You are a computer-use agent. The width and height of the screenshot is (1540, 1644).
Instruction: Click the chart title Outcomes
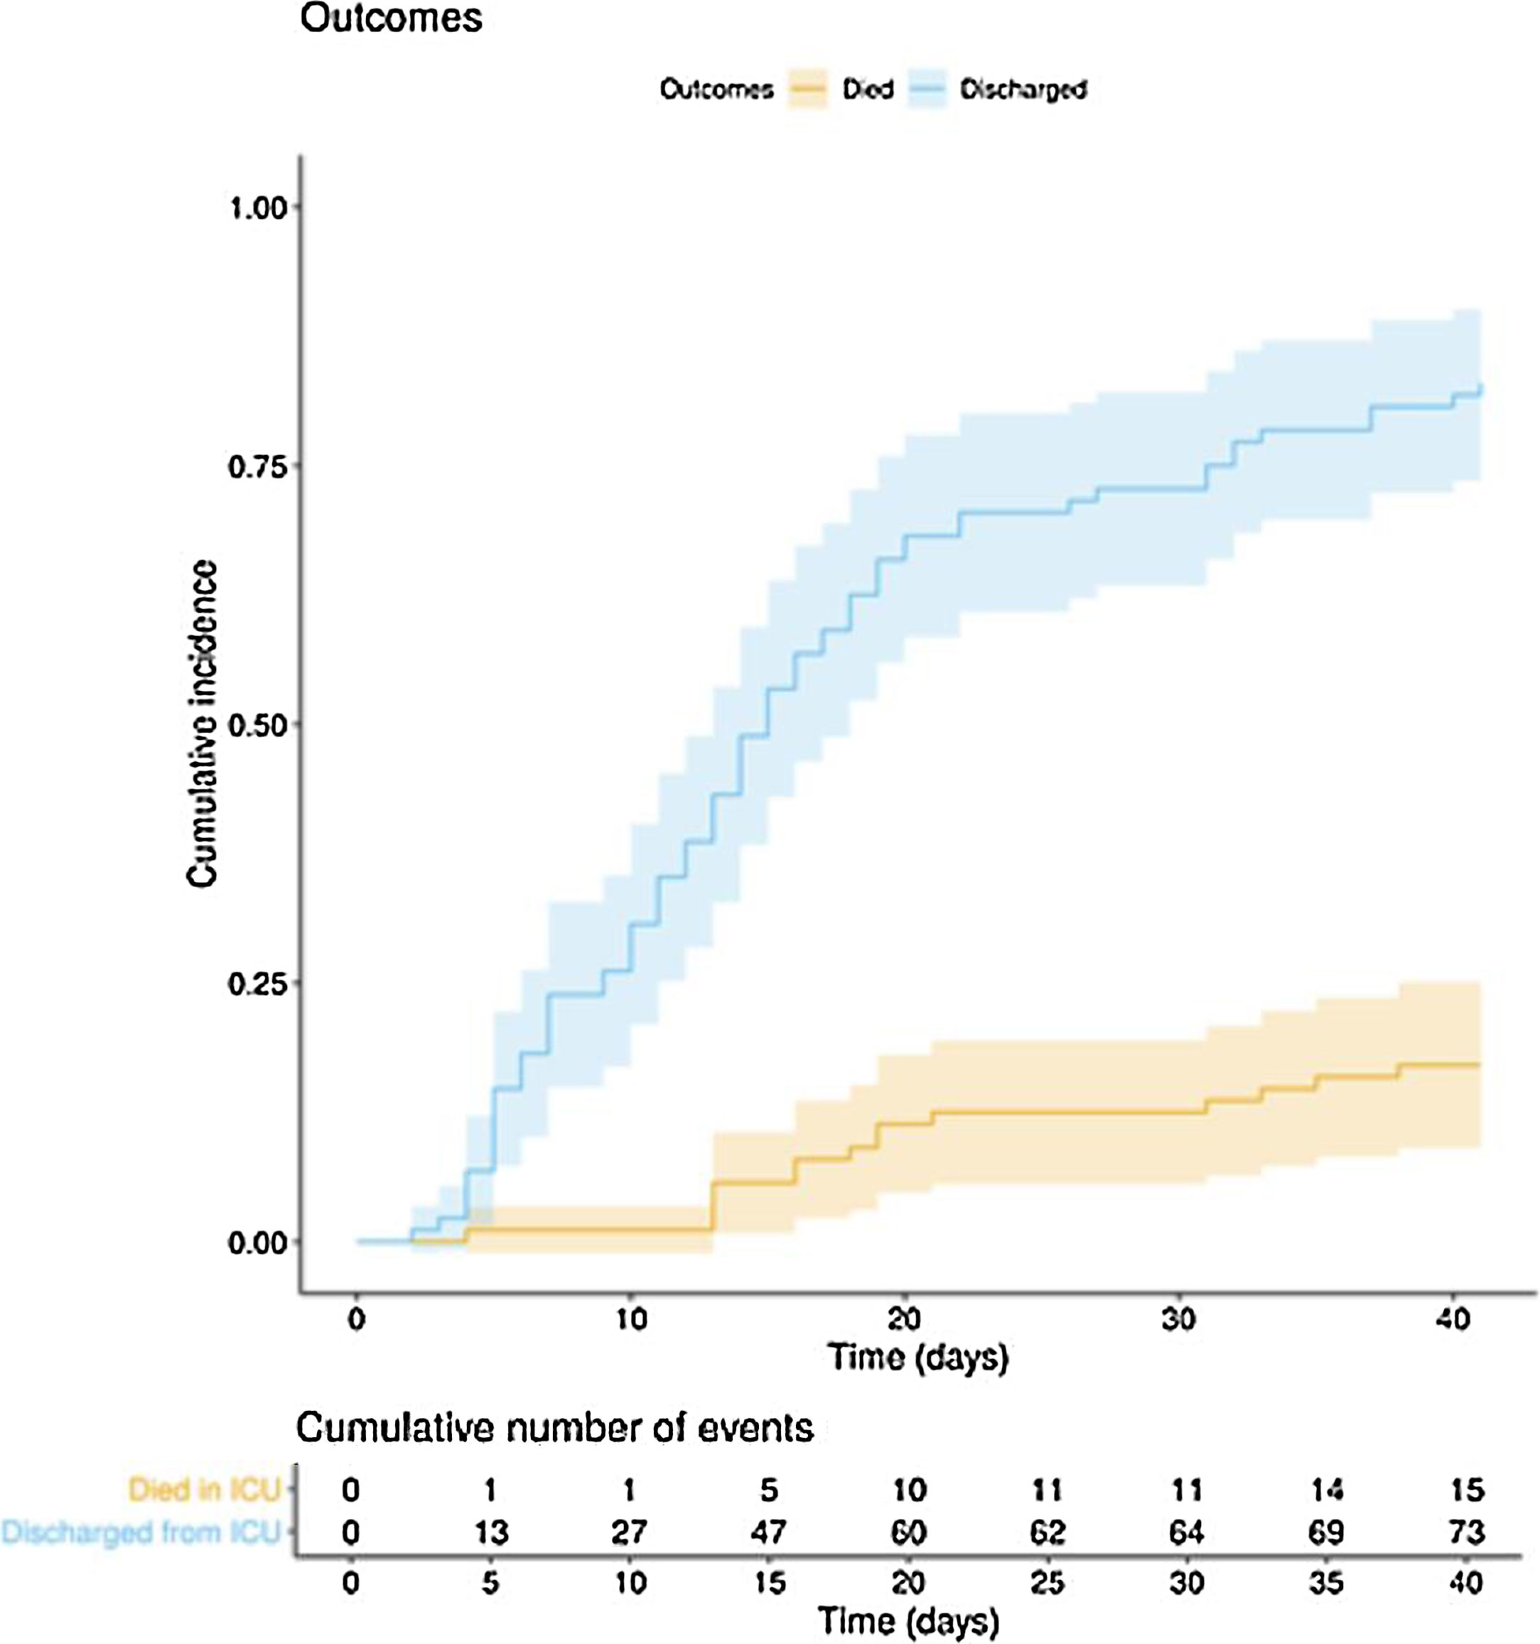pyautogui.click(x=390, y=18)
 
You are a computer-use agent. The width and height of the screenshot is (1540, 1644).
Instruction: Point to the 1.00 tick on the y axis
pyautogui.click(x=257, y=208)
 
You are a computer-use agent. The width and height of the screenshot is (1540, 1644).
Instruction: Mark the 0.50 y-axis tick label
pyautogui.click(x=257, y=725)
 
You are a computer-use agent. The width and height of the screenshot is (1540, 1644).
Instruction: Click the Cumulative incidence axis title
pyautogui.click(x=203, y=724)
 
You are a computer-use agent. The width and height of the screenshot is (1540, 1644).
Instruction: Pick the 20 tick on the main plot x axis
pyautogui.click(x=905, y=1318)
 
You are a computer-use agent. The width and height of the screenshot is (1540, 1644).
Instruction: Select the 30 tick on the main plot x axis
pyautogui.click(x=1179, y=1318)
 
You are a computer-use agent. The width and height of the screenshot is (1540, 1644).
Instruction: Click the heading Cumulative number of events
pyautogui.click(x=554, y=1428)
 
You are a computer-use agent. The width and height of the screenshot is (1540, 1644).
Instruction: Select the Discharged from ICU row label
pyautogui.click(x=141, y=1532)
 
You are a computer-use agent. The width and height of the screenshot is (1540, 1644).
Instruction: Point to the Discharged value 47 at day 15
pyautogui.click(x=768, y=1532)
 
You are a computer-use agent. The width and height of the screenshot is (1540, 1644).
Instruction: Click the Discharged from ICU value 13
pyautogui.click(x=490, y=1532)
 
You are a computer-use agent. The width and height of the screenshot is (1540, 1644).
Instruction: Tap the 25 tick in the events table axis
pyautogui.click(x=1048, y=1583)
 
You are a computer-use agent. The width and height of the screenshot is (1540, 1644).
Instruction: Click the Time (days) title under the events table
pyautogui.click(x=908, y=1622)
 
